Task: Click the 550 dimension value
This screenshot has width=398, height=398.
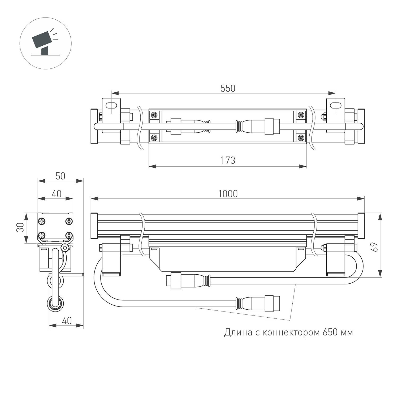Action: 228,88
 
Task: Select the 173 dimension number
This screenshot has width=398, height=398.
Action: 228,161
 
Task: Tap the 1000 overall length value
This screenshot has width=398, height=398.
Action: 228,194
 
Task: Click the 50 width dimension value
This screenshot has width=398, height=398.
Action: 60,176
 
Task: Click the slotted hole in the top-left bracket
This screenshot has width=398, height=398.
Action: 112,105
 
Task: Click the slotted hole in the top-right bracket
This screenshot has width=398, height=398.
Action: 336,105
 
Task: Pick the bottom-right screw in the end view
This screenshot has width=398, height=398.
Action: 69,235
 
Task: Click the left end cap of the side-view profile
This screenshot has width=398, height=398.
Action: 94,226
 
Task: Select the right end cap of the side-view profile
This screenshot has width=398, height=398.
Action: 361,226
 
